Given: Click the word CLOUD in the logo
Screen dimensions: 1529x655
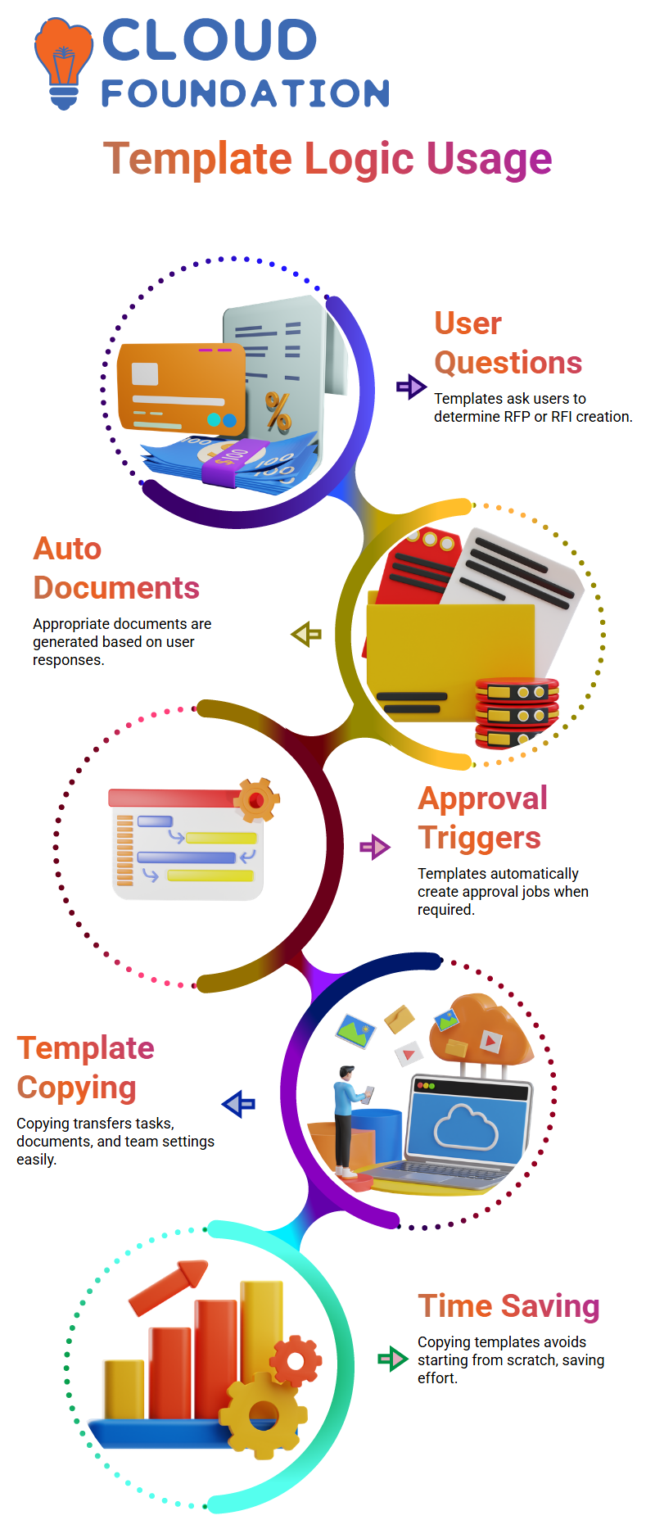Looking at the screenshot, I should coord(210,40).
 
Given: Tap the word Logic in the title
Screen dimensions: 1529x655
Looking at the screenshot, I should coord(359,158).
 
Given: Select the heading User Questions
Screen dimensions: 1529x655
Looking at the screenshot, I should coord(507,343).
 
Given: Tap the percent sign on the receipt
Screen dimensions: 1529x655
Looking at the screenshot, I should coord(278,411).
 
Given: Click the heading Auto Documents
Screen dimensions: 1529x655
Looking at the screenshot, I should coord(115,568).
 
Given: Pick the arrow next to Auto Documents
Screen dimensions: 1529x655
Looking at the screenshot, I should coord(306,634).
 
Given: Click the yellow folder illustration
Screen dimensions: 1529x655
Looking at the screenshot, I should coord(442,655).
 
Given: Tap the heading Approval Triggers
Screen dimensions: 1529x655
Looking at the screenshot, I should coord(482,818).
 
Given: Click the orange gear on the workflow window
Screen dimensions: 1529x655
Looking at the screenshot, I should coord(257,800).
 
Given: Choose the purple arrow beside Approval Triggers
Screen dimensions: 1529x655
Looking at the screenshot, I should coord(375,847).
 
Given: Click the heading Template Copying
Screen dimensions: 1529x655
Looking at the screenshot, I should coord(85,1068).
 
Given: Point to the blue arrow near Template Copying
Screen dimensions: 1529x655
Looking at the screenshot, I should coord(238,1104).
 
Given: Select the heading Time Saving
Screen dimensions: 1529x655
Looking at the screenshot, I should coord(508,1306).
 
